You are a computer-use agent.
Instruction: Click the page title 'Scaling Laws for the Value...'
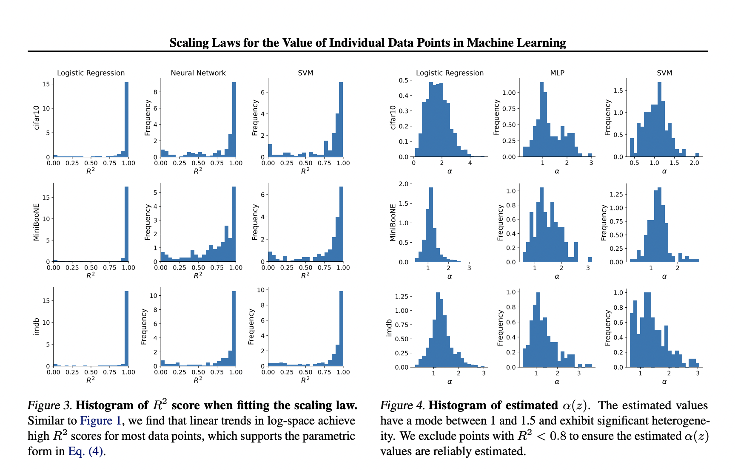tap(367, 43)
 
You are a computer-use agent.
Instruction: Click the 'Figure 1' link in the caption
tap(101, 421)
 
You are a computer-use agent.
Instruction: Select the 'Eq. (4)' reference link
tap(85, 451)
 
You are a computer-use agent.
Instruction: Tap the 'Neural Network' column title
tap(198, 73)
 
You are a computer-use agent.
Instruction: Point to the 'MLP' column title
tap(557, 73)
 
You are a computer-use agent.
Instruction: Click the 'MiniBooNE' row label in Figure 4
tap(393, 223)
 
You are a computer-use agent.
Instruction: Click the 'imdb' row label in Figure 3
tap(36, 327)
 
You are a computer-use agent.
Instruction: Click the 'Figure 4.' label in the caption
tap(402, 405)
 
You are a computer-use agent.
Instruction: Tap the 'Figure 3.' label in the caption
tap(50, 405)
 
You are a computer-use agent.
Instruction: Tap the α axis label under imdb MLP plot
tap(557, 382)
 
